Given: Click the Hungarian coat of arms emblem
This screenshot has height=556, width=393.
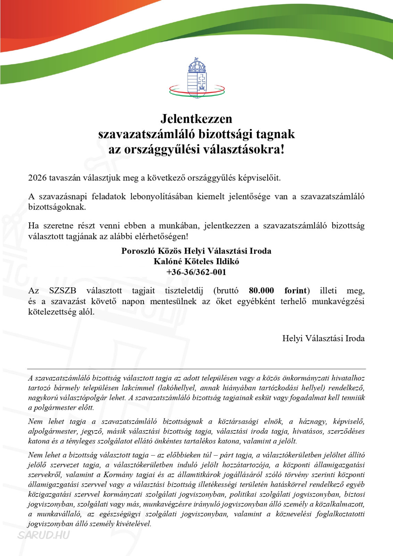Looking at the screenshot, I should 197,78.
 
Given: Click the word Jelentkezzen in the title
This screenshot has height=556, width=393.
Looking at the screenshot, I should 196,119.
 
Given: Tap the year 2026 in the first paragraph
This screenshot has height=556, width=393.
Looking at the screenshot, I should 37,178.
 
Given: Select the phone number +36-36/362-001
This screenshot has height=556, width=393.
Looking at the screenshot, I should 196,272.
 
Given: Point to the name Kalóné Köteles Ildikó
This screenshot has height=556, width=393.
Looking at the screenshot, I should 196,261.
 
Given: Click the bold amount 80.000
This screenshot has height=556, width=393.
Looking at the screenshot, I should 261,291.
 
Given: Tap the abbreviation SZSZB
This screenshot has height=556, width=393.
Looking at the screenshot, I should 63,291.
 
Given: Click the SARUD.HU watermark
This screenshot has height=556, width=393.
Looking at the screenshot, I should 43,535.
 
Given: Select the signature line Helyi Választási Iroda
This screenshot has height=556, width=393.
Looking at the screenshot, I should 323,338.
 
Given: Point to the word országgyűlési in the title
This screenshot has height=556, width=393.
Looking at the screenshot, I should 162,150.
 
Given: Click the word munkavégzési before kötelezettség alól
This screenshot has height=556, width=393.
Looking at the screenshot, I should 338,301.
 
